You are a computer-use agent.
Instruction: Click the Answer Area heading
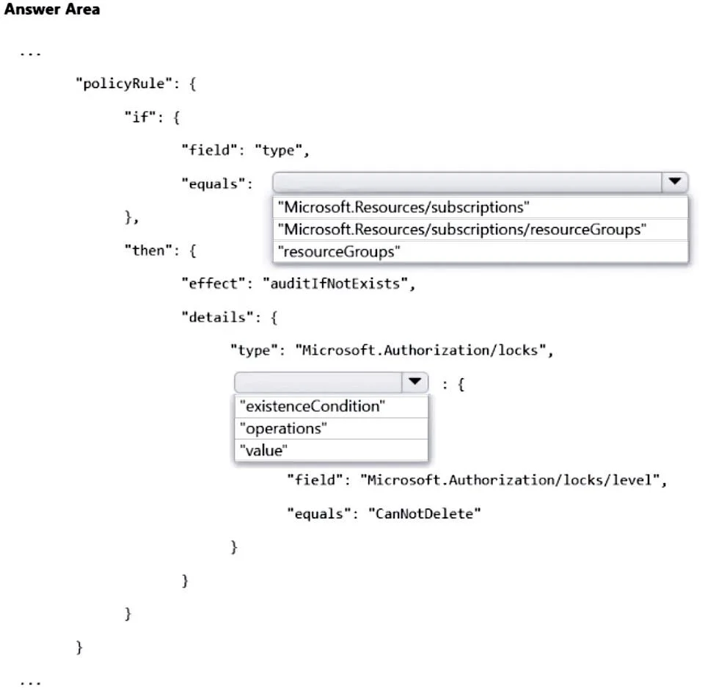[x=52, y=10]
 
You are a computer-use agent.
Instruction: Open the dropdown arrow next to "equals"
[x=674, y=181]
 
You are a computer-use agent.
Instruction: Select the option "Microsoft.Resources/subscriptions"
[x=403, y=207]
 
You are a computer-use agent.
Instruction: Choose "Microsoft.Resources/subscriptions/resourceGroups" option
[x=461, y=230]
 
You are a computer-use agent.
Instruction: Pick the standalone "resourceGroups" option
[x=339, y=252]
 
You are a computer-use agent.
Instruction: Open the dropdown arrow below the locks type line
[x=414, y=382]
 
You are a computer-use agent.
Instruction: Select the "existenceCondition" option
[x=312, y=407]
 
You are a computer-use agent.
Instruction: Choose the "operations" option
[x=283, y=429]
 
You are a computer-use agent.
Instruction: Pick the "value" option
[x=263, y=450]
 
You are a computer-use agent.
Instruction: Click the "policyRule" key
[x=124, y=84]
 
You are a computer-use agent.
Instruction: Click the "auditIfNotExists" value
[x=335, y=283]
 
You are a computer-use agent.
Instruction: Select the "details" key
[x=218, y=317]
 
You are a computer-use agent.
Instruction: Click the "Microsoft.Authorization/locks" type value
[x=420, y=350]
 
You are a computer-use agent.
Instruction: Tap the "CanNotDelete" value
[x=425, y=513]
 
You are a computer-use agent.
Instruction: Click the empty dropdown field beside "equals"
[x=467, y=182]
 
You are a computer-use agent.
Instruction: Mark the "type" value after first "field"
[x=278, y=150]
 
